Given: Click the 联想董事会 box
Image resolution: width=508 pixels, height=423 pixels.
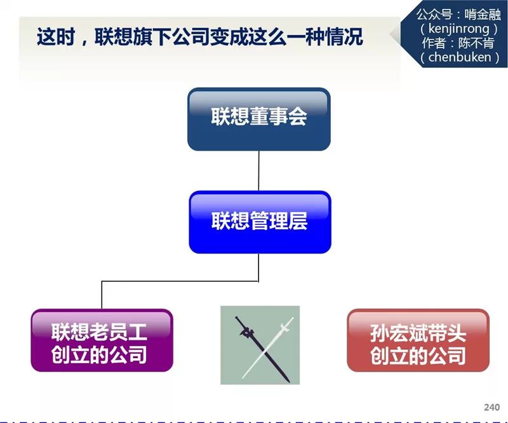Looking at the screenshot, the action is [258, 119].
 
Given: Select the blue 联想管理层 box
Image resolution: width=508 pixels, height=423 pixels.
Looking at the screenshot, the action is [260, 222].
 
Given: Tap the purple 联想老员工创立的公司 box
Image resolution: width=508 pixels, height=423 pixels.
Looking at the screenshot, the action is [102, 340].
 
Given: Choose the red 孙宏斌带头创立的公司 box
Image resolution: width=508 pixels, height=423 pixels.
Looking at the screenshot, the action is [418, 340].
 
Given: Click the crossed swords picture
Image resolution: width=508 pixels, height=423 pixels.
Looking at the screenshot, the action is [260, 345].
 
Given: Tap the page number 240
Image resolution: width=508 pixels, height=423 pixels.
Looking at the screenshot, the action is [491, 407].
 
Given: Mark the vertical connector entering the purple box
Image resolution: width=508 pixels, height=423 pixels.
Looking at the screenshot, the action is [102, 295].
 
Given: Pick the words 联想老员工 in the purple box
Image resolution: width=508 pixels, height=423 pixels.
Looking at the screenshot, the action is [102, 331].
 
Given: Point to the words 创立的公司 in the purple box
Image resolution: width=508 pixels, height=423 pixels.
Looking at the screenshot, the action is [102, 354].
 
